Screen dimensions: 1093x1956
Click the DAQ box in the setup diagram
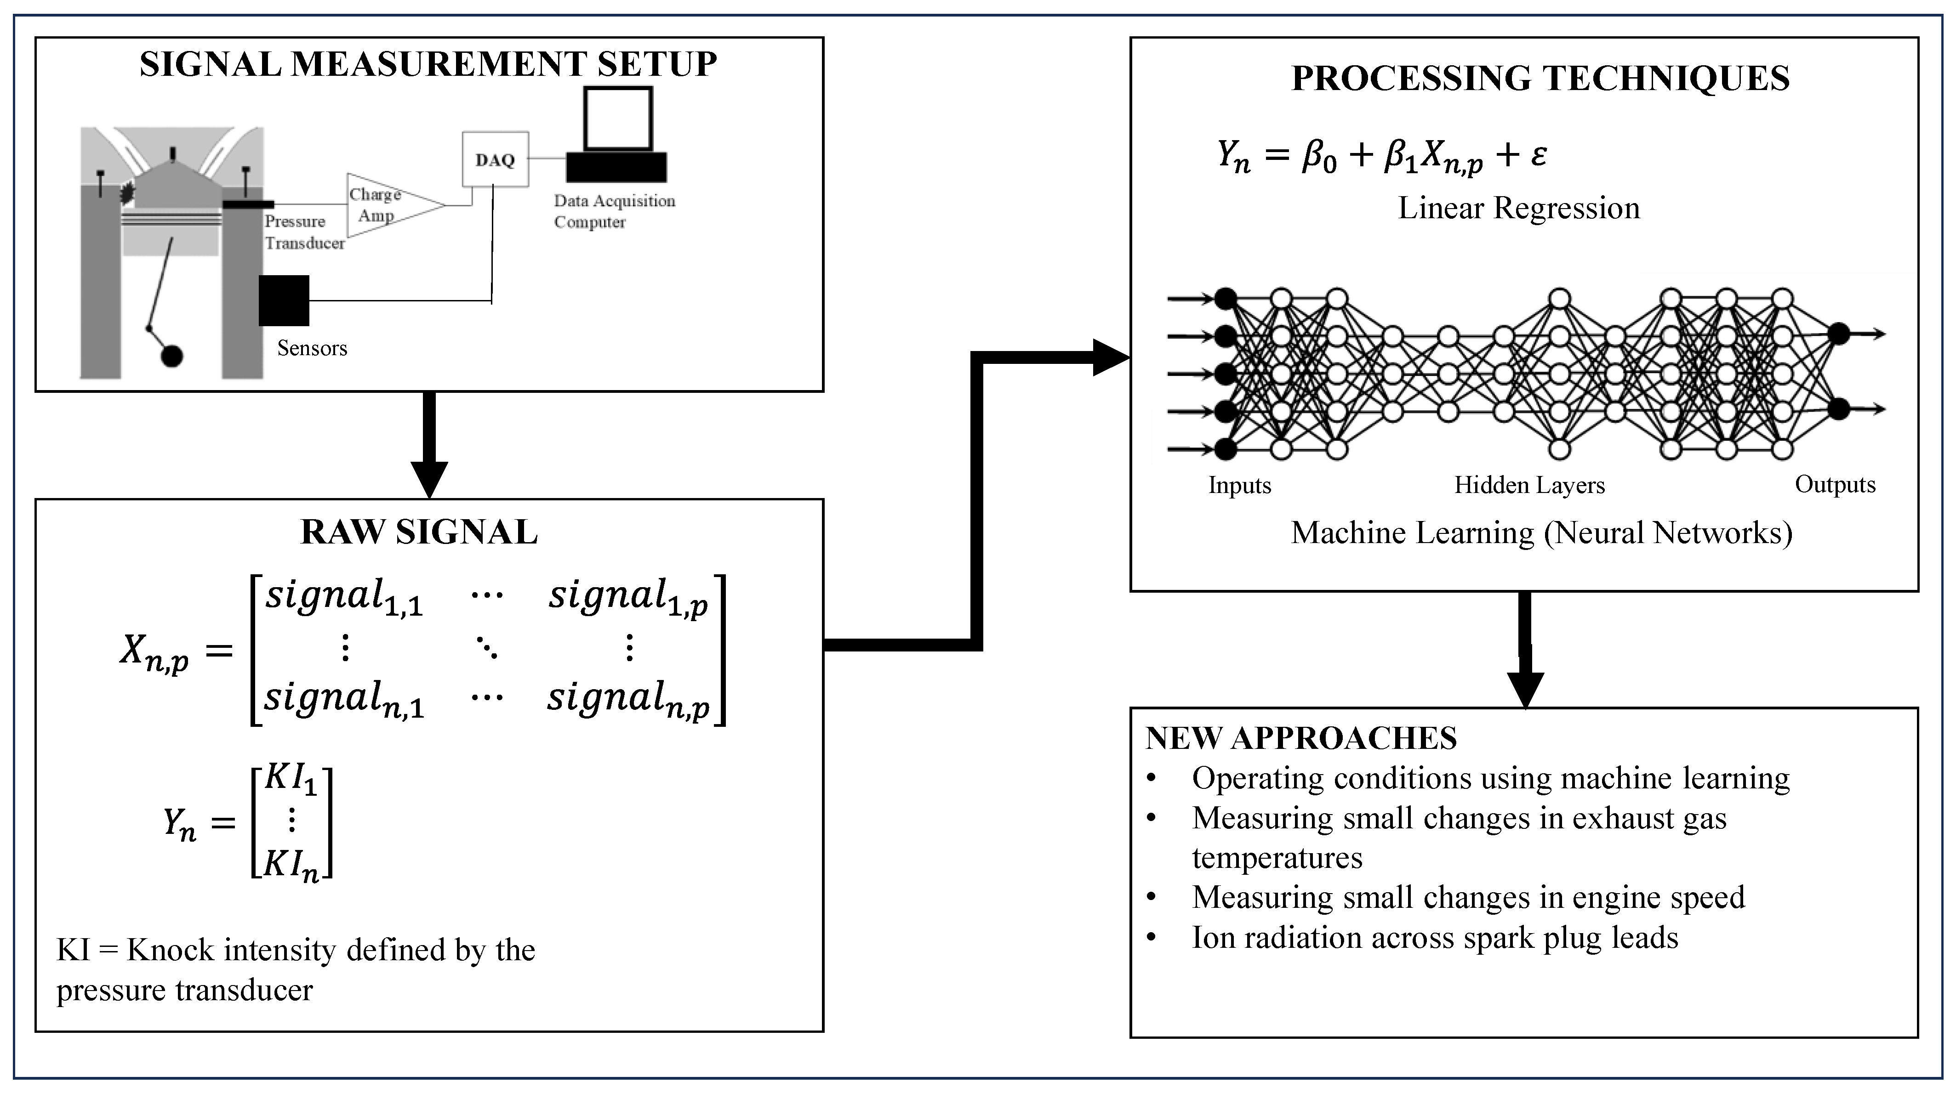(495, 159)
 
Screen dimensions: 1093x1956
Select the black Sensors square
(284, 300)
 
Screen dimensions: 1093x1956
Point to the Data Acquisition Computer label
(614, 211)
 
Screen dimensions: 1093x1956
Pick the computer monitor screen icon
(618, 119)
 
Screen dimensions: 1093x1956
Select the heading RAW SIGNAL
(419, 532)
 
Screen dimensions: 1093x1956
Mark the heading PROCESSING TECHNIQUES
(1540, 78)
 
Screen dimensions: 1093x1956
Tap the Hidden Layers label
(1529, 485)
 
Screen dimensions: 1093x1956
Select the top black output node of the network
(1838, 333)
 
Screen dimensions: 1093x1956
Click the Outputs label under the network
(1835, 484)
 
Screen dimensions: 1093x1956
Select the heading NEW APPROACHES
(1301, 738)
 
